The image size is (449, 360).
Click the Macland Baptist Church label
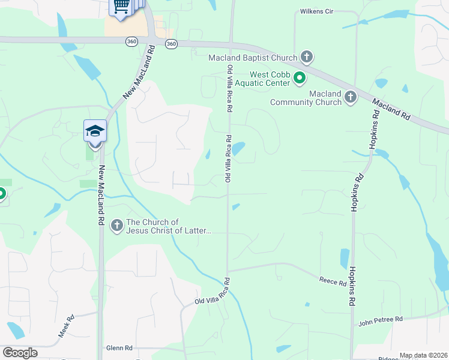(253, 58)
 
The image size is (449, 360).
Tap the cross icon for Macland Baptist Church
(307, 58)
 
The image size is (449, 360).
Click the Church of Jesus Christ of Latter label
(169, 226)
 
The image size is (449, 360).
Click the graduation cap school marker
(95, 131)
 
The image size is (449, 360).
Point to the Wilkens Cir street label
(316, 11)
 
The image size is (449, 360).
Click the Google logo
(20, 353)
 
